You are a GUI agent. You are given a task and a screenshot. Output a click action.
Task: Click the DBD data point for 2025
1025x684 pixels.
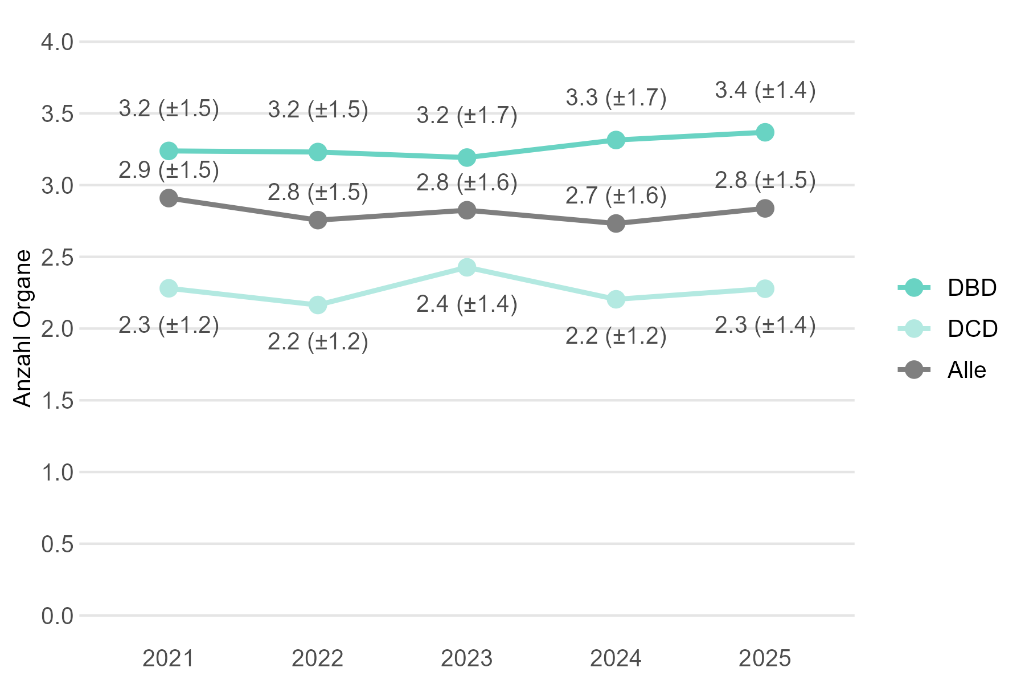click(x=765, y=132)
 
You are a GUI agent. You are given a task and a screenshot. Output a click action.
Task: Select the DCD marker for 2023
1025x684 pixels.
click(x=467, y=267)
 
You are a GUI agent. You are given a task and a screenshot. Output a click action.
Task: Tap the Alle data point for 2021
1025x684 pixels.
click(x=169, y=198)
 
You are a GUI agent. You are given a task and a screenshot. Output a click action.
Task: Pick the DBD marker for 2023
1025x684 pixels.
click(x=467, y=157)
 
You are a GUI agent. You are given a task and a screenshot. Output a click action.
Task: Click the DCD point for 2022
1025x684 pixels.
click(x=318, y=305)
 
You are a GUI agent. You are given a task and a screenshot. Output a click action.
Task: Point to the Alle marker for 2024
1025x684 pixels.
click(x=616, y=223)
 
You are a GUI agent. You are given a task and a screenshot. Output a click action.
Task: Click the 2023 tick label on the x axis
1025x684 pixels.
click(x=467, y=659)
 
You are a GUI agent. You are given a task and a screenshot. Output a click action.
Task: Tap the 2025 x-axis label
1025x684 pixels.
click(x=765, y=659)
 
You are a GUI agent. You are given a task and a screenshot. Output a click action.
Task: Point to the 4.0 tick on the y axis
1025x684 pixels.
click(x=58, y=42)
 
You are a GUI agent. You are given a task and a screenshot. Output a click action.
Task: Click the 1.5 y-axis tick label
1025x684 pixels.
click(x=58, y=401)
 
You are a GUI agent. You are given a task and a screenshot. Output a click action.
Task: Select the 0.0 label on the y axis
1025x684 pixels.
click(x=58, y=616)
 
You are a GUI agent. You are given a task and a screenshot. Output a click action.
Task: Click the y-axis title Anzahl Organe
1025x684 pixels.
click(x=23, y=329)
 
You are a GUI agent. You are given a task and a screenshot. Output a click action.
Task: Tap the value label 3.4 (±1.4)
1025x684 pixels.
click(x=765, y=90)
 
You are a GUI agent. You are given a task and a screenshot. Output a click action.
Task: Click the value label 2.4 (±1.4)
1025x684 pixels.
click(x=467, y=304)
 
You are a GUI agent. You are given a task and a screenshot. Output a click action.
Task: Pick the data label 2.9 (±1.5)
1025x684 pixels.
click(x=169, y=170)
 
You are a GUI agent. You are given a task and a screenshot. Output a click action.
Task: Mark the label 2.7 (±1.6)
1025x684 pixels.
click(x=616, y=196)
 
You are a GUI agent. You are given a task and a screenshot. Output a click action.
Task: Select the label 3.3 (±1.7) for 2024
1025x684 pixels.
click(x=616, y=97)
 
